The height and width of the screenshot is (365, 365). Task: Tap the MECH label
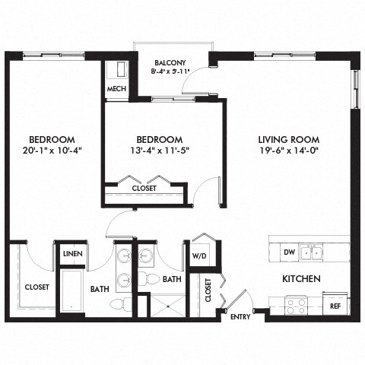click(x=116, y=89)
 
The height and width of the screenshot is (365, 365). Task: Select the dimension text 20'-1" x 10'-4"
click(x=52, y=150)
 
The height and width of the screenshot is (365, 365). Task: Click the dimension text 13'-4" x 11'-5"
click(x=159, y=150)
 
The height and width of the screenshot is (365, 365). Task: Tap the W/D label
click(x=200, y=255)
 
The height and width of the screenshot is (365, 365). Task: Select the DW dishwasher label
click(x=287, y=252)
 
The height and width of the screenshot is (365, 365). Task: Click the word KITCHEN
click(x=301, y=279)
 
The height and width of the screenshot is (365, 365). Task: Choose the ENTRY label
click(x=240, y=317)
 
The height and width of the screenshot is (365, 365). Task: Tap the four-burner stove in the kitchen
click(x=295, y=305)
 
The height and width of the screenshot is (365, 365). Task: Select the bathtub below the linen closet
click(x=70, y=289)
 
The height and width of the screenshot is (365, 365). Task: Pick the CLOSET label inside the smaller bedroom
click(x=144, y=188)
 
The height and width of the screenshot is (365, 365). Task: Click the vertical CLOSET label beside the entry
click(x=208, y=291)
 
